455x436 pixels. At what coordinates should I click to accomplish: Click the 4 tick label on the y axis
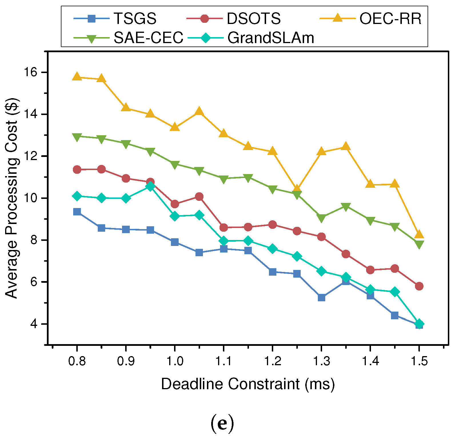coord(34,324)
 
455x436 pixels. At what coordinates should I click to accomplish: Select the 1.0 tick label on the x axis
coord(175,361)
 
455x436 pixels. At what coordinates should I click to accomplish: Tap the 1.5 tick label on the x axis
coord(419,361)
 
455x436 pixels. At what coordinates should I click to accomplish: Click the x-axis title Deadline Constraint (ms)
coord(248,384)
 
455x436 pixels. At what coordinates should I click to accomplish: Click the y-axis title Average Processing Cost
coord(12,198)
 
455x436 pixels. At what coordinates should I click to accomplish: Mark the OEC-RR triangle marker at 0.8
coord(77,76)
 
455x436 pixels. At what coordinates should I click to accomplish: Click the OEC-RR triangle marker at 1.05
coord(199,111)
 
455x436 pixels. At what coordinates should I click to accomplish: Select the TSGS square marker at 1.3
coord(321,298)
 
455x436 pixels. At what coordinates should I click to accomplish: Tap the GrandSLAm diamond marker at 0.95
coord(150,186)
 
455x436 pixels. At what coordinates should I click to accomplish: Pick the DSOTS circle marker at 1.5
coord(419,286)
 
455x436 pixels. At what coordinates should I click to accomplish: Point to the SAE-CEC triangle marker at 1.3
coord(321,218)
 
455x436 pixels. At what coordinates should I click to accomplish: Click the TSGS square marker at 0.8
coord(77,212)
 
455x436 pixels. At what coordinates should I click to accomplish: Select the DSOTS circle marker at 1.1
coord(223,227)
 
